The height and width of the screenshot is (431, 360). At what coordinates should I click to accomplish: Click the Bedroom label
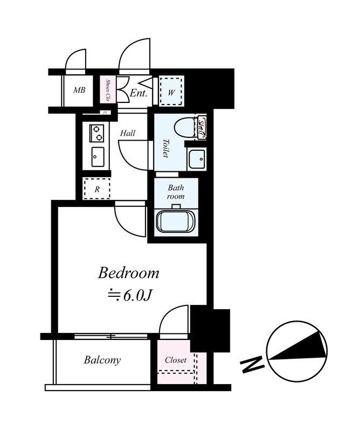[x=128, y=273]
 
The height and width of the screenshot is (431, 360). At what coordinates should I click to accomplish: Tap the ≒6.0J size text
[x=129, y=295]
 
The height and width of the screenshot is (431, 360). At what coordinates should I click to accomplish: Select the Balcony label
[x=102, y=360]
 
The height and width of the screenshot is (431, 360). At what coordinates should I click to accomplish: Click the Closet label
[x=176, y=360]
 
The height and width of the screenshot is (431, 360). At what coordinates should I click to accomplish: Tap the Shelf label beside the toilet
[x=202, y=128]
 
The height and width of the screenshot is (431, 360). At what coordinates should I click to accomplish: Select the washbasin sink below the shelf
[x=197, y=159]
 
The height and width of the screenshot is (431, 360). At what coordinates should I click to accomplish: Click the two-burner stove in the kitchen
[x=96, y=133]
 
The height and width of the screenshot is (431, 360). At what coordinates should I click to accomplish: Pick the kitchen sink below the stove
[x=98, y=157]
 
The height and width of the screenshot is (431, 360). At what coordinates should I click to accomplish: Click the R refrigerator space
[x=97, y=189]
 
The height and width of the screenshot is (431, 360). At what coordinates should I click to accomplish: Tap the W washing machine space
[x=171, y=92]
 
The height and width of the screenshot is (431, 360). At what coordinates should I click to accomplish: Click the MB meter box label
[x=79, y=90]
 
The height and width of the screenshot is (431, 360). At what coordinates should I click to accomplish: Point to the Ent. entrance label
[x=139, y=93]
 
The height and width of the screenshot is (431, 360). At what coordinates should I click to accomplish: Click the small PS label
[x=105, y=113]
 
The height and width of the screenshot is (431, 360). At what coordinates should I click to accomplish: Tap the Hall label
[x=128, y=133]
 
